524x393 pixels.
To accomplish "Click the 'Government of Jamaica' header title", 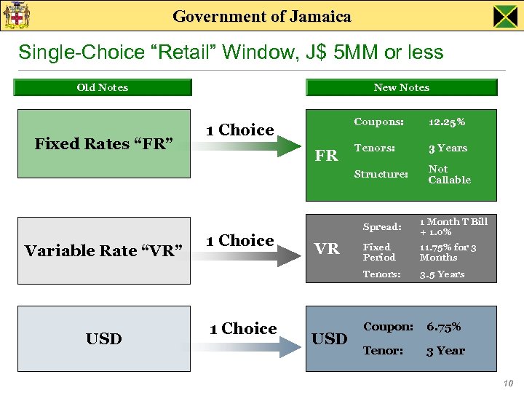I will coord(262,16).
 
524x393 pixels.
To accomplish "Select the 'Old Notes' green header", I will coord(103,87).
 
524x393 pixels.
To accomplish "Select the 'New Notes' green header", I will coord(401,87).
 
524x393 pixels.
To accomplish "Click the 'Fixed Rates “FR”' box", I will coord(103,143).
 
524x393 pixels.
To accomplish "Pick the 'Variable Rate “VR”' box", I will coord(103,250).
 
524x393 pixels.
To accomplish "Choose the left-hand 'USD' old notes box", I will coord(103,338).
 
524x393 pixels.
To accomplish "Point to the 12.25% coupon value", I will coord(447,122).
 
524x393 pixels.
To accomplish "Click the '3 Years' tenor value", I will coord(448,148).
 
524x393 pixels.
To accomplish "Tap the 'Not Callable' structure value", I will coord(449,174).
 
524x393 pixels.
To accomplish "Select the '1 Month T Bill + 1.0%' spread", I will coord(453,226).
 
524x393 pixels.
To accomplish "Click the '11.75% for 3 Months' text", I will coord(448,252).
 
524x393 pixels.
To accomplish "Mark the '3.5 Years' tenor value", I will coord(441,274).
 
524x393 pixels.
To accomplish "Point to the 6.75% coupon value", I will coord(443,327).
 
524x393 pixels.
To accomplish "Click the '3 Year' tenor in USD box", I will coord(445,350).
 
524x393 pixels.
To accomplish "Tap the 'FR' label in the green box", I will coord(326,156).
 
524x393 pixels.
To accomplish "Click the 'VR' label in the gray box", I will coord(327,249).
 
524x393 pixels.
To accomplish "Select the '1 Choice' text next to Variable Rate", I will coord(239,240).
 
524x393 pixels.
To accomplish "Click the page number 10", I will coord(507,384).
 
